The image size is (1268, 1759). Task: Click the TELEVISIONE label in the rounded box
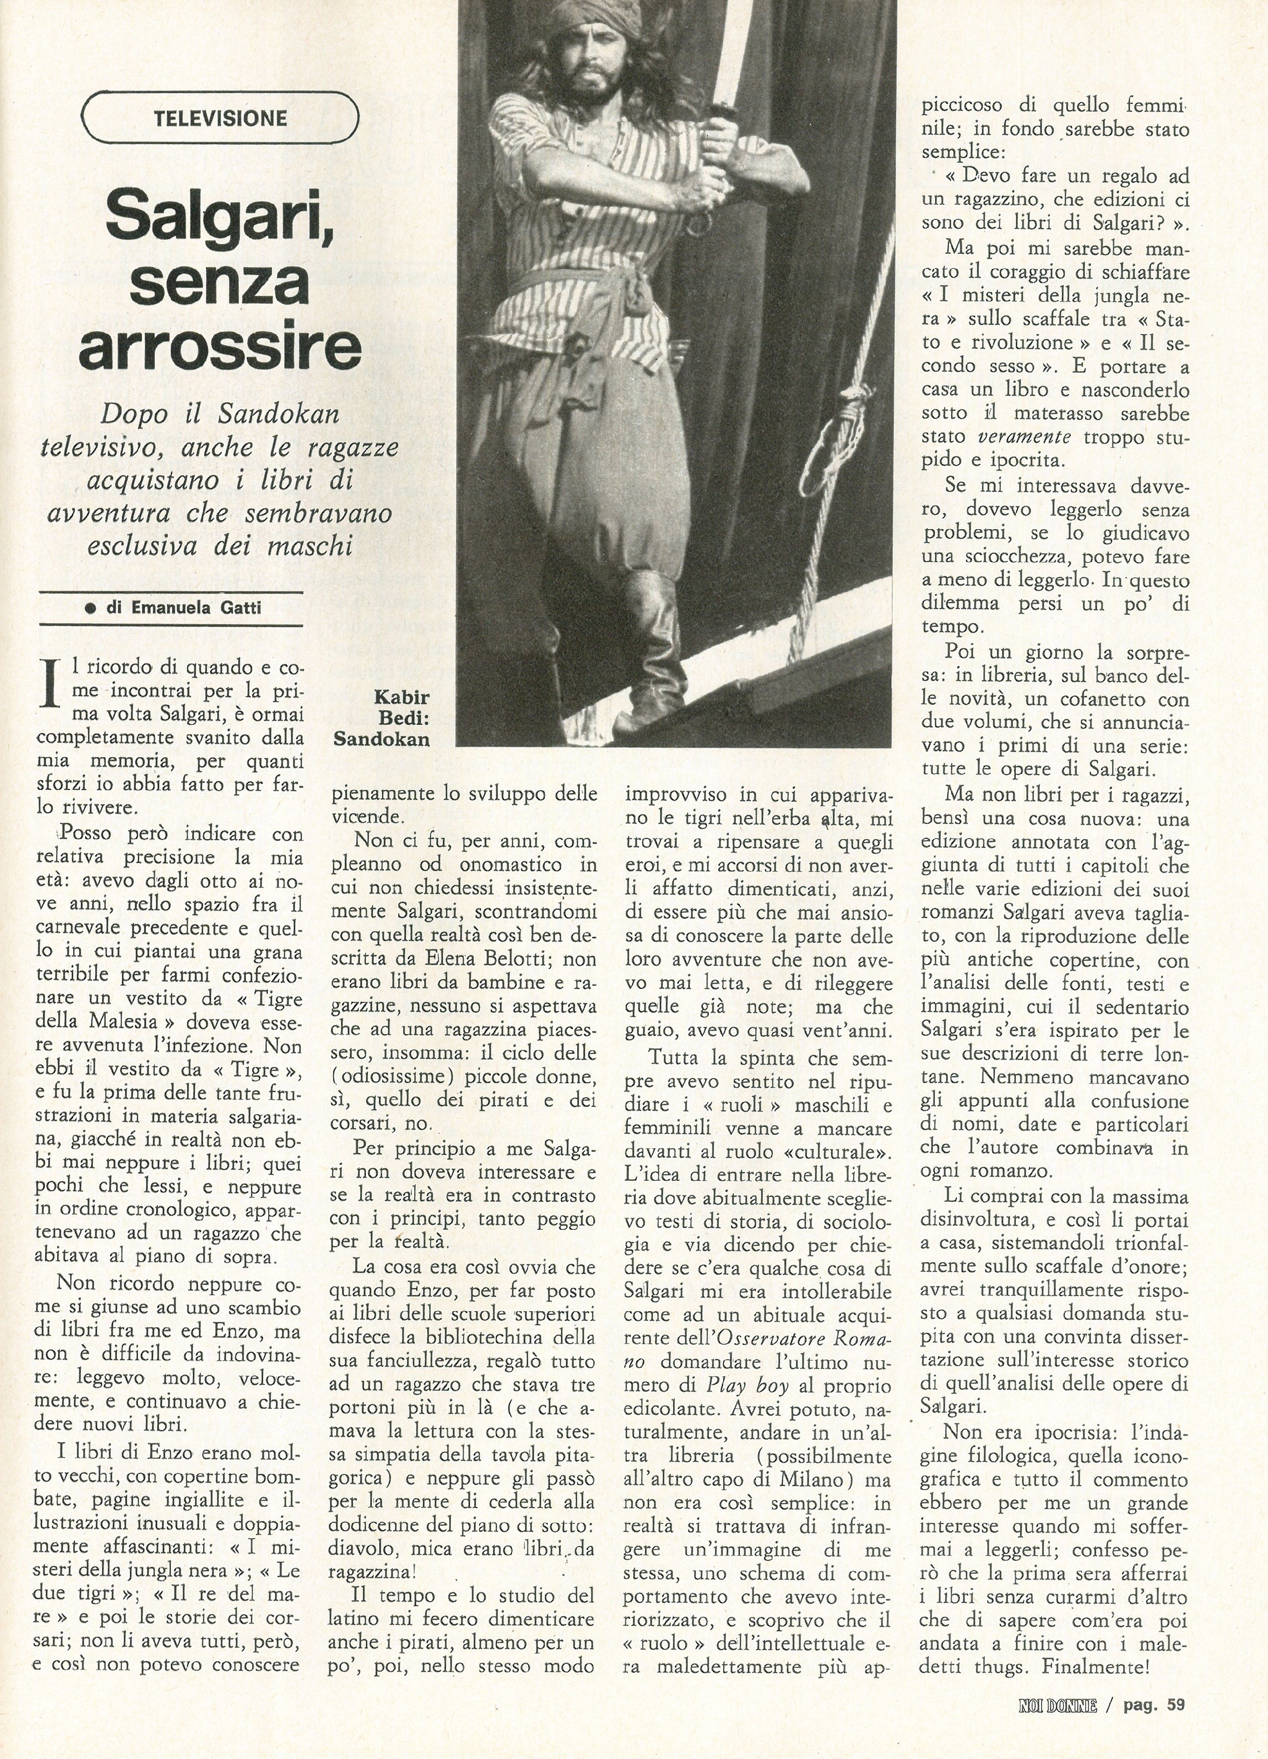coord(220,119)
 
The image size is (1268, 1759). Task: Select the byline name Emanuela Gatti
coord(196,609)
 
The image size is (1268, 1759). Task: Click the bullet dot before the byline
coord(90,610)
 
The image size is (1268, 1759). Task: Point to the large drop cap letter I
coord(51,682)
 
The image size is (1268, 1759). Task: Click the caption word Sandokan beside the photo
coord(381,739)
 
